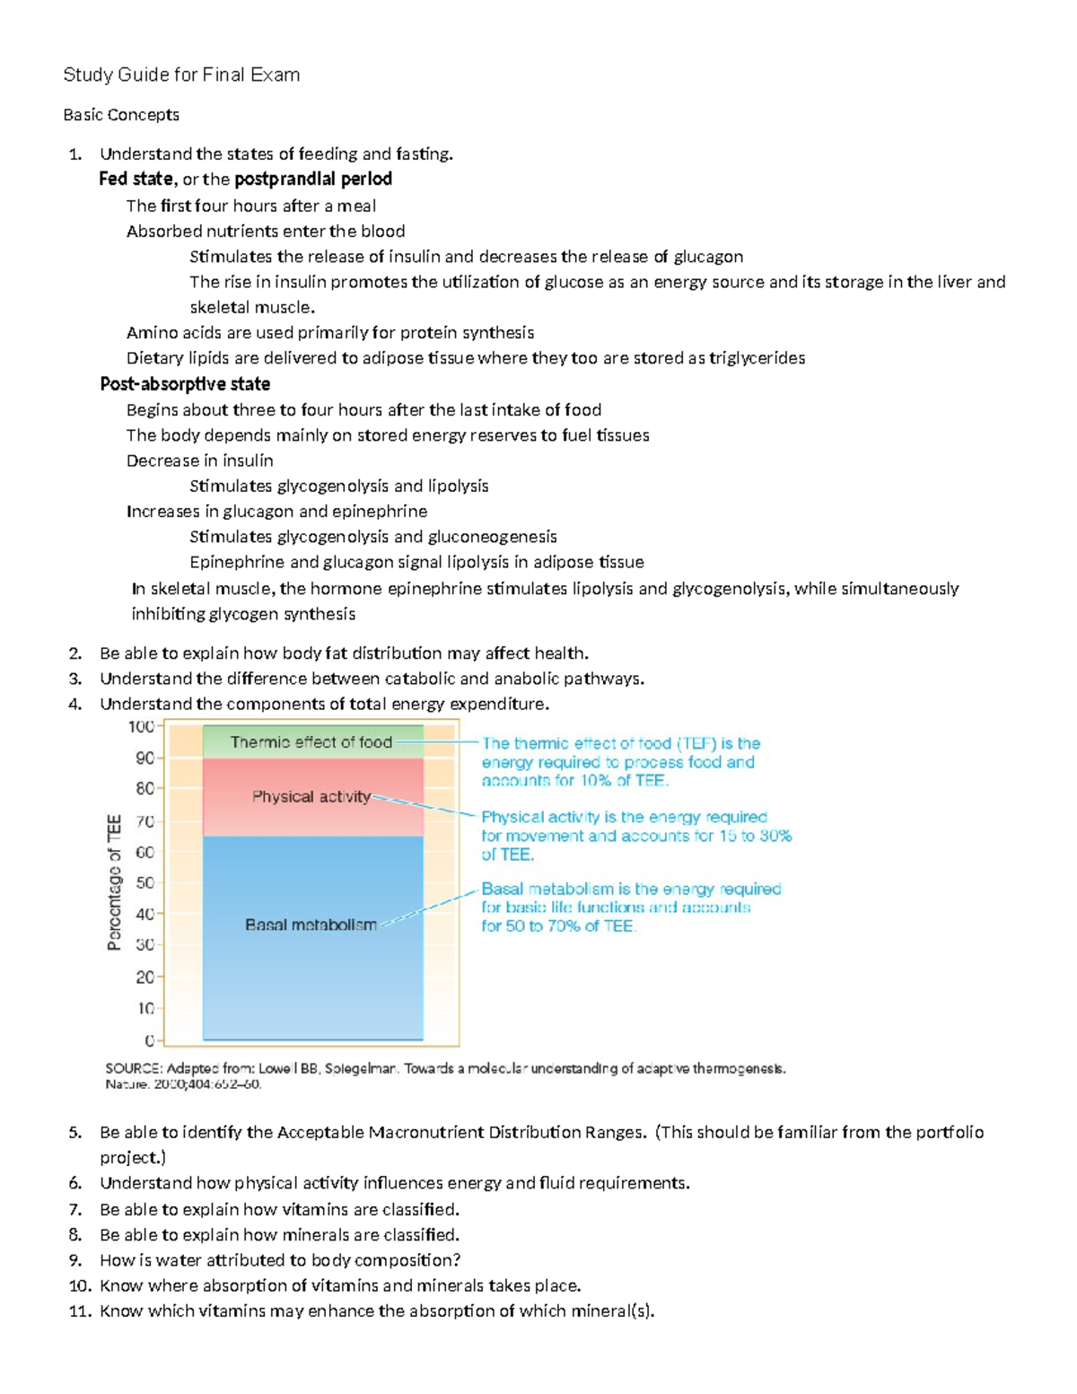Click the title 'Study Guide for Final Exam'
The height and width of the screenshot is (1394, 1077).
tap(181, 75)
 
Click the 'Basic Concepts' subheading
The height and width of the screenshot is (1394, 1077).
tap(121, 115)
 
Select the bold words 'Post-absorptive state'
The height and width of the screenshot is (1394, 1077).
tap(185, 384)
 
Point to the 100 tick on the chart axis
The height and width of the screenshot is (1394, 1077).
tap(142, 726)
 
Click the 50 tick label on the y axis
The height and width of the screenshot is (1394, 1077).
tap(144, 882)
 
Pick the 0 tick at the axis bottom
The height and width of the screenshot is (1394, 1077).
tap(149, 1040)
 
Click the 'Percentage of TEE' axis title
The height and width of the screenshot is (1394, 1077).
tap(114, 881)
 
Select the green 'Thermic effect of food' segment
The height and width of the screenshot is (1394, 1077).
tap(311, 742)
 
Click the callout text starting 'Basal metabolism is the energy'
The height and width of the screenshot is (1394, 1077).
tap(631, 907)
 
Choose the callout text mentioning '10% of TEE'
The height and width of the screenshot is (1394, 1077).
tap(620, 762)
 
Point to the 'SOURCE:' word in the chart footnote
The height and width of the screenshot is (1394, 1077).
tap(134, 1069)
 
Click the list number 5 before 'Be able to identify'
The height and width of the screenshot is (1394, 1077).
tap(75, 1132)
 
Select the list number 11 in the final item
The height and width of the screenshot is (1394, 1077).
tap(79, 1311)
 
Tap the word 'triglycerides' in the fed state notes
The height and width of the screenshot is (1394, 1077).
tap(757, 358)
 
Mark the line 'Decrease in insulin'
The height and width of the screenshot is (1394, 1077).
tap(200, 460)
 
